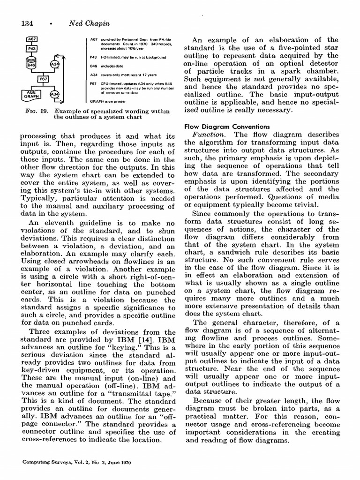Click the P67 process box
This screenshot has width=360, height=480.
(x=42, y=79)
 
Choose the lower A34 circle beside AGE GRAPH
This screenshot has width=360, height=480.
(x=55, y=95)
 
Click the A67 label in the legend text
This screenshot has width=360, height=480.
(x=92, y=40)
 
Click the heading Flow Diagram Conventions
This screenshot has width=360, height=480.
(x=227, y=127)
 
